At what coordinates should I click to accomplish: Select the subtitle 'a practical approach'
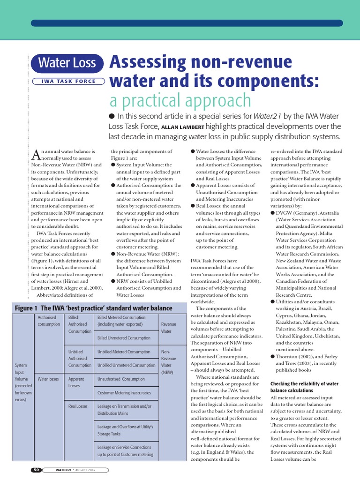click(180, 101)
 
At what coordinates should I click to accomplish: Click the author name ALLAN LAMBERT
click(183, 127)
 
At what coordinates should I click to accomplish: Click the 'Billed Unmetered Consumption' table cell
click(124, 337)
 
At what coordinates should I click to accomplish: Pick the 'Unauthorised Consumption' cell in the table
click(121, 379)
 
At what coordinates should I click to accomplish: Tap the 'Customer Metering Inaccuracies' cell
click(124, 392)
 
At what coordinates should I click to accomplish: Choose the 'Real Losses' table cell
click(78, 406)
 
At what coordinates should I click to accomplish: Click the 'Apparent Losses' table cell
click(76, 382)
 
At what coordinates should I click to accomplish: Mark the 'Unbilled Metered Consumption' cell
click(124, 351)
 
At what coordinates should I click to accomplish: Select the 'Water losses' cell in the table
click(48, 379)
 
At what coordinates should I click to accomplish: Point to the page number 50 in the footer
click(37, 470)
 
